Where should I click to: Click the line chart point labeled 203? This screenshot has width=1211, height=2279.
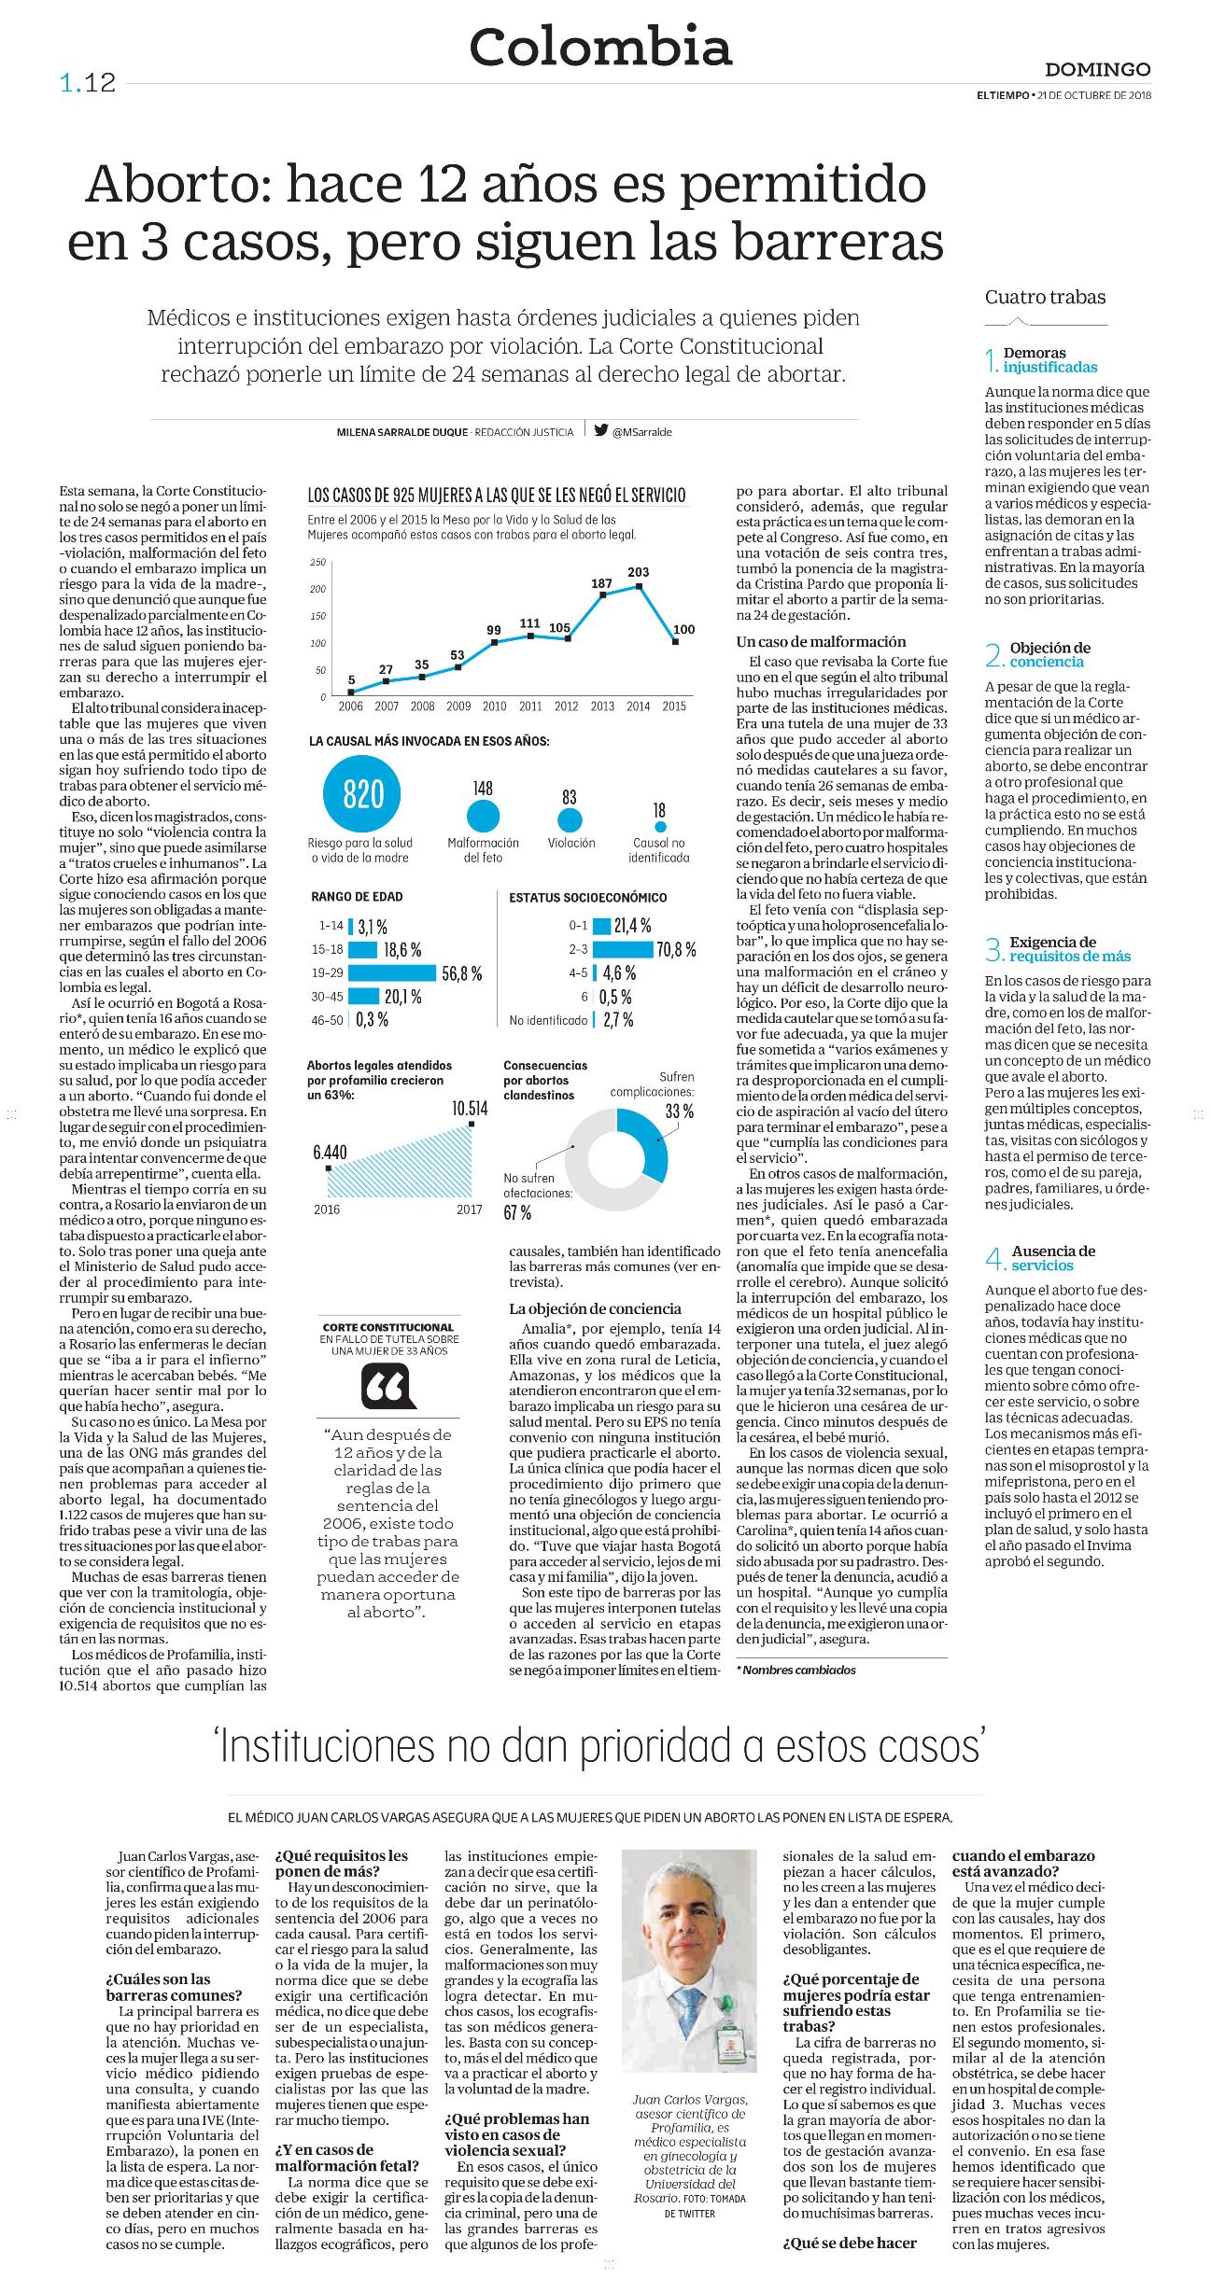coord(639,586)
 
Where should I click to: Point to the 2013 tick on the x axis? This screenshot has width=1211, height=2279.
coord(602,706)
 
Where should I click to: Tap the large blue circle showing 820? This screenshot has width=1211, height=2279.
coord(363,794)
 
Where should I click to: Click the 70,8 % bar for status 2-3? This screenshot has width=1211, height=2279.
coord(622,950)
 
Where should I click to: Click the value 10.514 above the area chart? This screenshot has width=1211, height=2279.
coord(470,1109)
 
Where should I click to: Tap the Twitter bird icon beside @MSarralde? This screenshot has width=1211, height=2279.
coord(600,431)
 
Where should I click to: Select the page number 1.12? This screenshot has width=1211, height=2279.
coord(88,83)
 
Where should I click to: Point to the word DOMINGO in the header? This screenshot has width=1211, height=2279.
coord(1097,70)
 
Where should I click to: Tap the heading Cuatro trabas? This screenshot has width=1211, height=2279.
coord(1045,298)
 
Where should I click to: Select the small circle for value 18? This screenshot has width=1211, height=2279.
coord(660,826)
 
